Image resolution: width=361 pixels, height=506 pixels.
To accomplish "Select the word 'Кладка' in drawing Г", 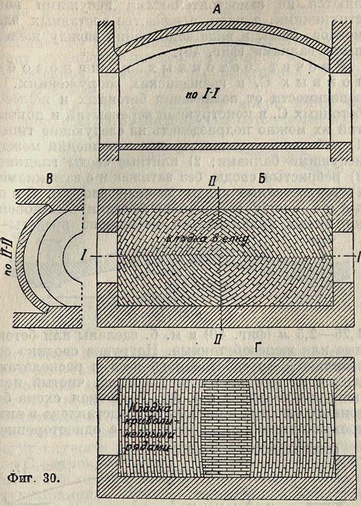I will [143, 409].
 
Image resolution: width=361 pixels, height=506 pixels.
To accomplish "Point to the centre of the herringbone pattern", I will [219, 256].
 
